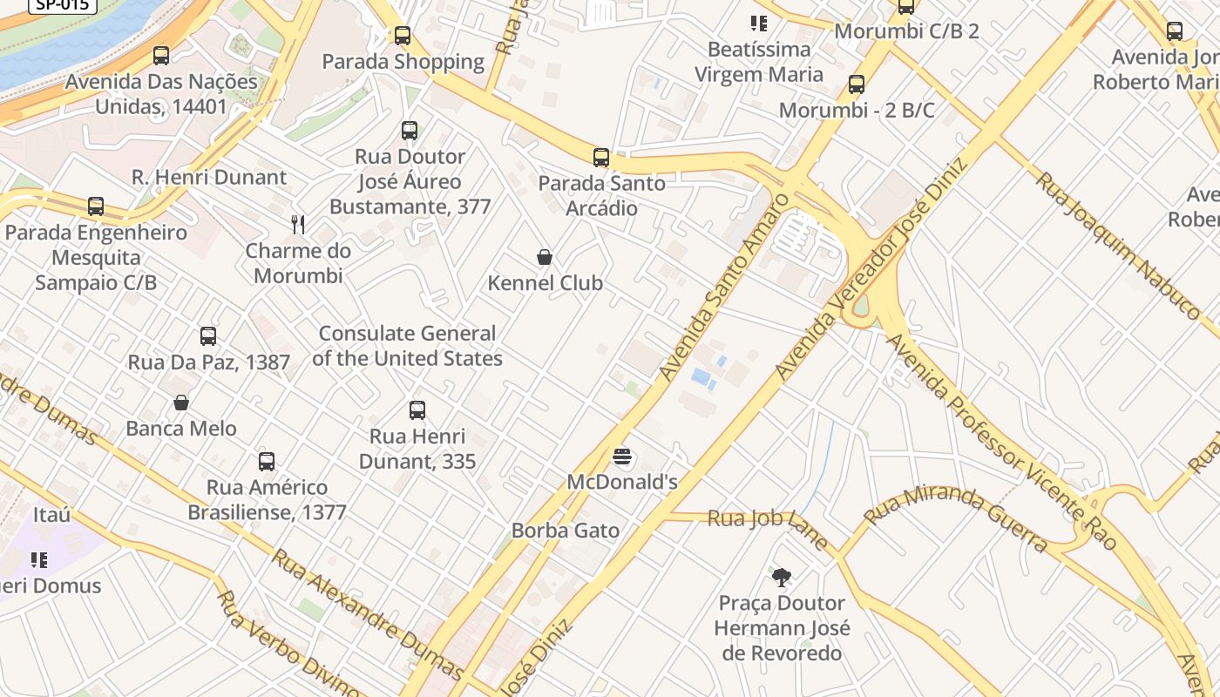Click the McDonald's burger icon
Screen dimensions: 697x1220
pos(622,457)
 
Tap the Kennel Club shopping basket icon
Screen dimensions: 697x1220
pos(545,257)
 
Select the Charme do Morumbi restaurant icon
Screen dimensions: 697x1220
pos(298,225)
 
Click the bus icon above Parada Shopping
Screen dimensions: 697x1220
pos(403,36)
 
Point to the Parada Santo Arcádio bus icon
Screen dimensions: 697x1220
pos(601,158)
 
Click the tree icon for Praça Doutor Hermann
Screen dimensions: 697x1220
pos(782,577)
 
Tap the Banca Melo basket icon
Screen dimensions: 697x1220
pos(181,403)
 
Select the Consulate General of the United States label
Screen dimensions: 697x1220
pos(407,346)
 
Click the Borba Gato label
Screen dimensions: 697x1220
pos(566,531)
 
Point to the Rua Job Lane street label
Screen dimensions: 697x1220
pos(767,523)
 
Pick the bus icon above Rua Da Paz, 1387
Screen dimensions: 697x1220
pos(208,336)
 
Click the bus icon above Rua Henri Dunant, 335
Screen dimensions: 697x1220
pos(417,410)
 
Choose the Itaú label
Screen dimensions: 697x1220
pos(51,515)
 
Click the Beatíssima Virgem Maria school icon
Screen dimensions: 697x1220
pos(759,24)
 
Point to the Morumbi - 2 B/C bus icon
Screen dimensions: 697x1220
pos(857,85)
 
